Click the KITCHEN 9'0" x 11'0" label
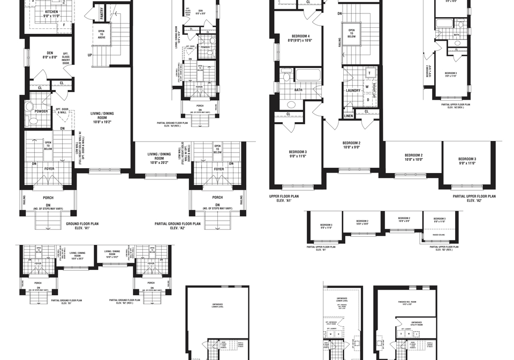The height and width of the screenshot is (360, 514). [52, 13]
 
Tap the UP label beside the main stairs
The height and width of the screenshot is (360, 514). [89, 55]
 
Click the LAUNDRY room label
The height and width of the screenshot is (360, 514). [353, 91]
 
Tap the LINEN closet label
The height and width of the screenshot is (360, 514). [349, 115]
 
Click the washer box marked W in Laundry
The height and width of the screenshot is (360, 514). [367, 86]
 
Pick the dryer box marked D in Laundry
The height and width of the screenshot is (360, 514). [368, 99]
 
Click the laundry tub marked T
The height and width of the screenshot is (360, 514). [369, 73]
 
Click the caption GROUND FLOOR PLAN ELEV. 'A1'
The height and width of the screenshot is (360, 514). [81, 226]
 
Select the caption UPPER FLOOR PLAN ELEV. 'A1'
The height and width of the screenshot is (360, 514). [284, 199]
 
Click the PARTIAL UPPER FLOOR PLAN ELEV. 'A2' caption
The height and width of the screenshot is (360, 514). [474, 199]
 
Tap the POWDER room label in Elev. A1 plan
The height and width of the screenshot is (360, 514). [41, 111]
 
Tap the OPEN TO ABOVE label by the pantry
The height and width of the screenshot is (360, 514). [101, 34]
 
